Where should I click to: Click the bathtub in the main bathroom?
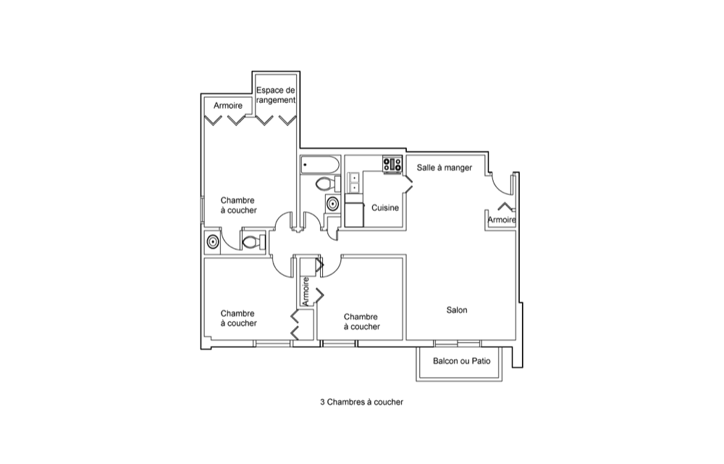[319, 165]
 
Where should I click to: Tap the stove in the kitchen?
[392, 165]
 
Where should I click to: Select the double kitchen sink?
[354, 183]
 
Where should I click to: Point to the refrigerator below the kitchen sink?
[354, 215]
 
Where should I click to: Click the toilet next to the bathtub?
[327, 183]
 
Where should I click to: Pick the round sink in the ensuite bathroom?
[213, 241]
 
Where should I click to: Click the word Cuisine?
[385, 208]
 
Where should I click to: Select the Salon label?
[457, 310]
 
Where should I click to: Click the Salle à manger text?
[445, 167]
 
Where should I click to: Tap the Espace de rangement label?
[276, 94]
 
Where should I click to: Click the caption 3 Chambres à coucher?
[361, 402]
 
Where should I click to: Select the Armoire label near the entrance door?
[501, 220]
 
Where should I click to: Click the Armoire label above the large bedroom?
[228, 106]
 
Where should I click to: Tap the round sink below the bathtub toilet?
[332, 203]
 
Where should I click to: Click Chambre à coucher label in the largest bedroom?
[239, 205]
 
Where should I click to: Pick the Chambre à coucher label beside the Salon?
[361, 321]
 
